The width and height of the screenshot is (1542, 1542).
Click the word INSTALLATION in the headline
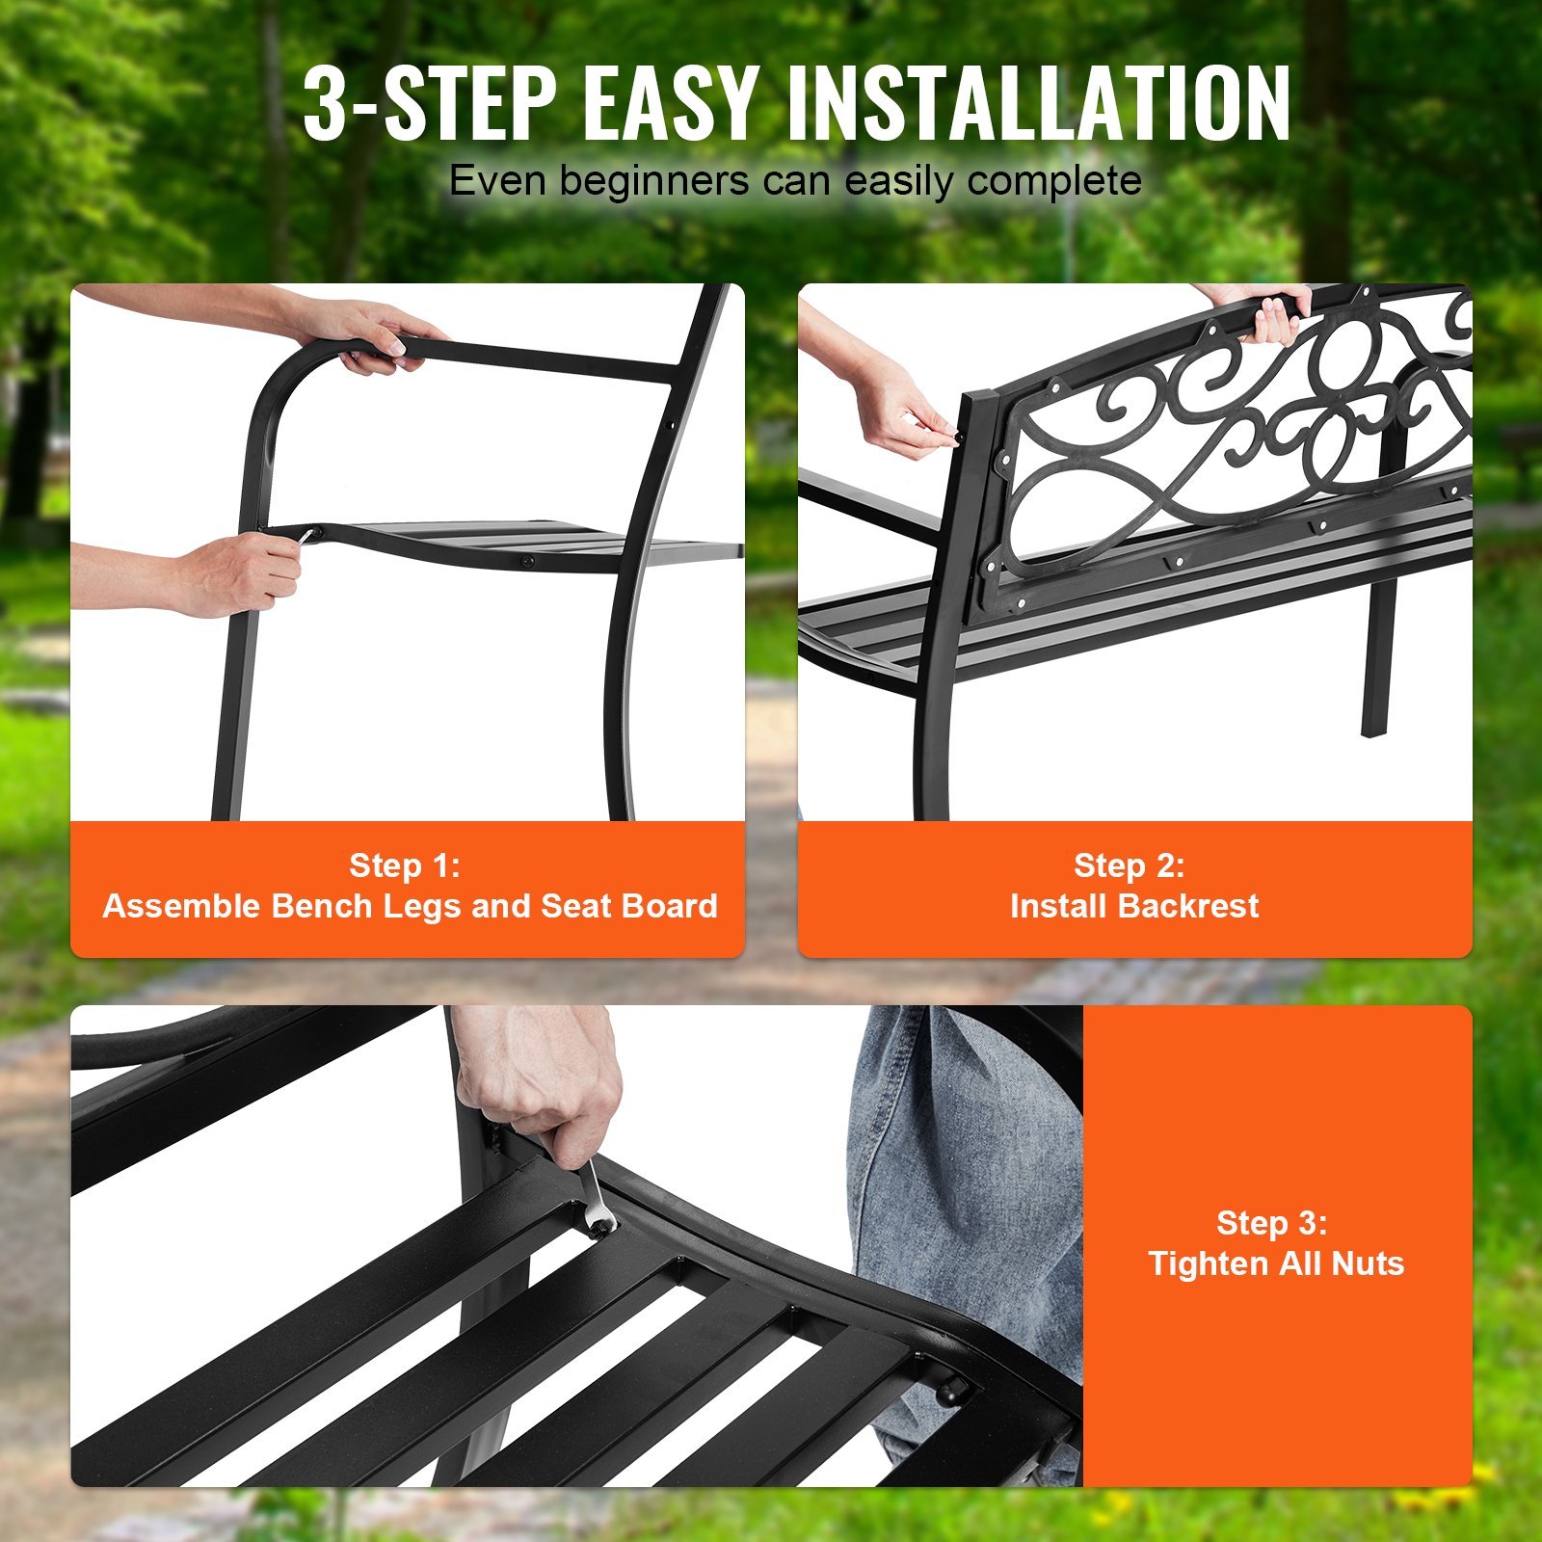tap(1039, 104)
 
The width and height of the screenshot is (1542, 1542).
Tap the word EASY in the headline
tap(671, 104)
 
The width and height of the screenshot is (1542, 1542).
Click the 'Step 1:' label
tap(405, 865)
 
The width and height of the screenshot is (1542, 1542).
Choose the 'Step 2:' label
tap(1130, 865)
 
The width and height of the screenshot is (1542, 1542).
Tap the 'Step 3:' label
tap(1272, 1223)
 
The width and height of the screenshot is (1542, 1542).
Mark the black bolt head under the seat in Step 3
tap(952, 1390)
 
